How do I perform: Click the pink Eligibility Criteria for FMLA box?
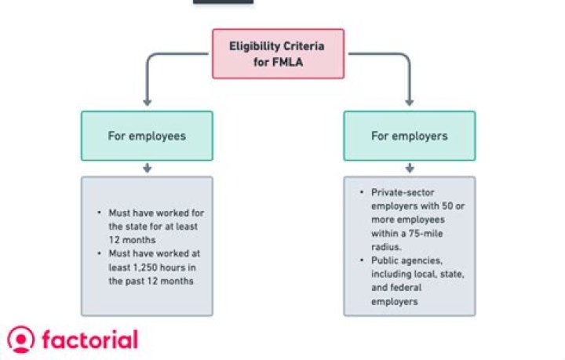click(x=278, y=53)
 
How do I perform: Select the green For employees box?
click(x=147, y=136)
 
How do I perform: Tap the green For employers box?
click(x=409, y=136)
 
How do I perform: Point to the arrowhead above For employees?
click(x=147, y=101)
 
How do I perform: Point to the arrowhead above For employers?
click(x=409, y=101)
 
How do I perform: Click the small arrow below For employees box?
click(x=147, y=168)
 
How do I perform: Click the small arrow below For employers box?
click(x=409, y=168)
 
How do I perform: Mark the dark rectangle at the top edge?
click(x=223, y=2)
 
